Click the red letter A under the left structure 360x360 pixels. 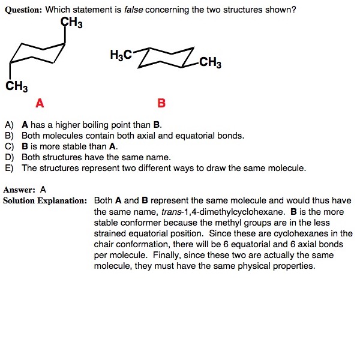click(40, 103)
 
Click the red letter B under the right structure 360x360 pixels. click(161, 103)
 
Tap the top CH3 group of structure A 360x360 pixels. click(72, 23)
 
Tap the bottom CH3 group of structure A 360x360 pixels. click(17, 86)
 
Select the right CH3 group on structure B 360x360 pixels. click(209, 62)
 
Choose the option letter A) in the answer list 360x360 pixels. click(9, 125)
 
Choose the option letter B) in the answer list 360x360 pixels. click(9, 136)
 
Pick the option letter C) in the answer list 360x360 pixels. click(9, 146)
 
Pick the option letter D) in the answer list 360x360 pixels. click(9, 157)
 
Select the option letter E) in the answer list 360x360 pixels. click(9, 168)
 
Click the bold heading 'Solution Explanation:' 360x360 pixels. click(46, 200)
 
